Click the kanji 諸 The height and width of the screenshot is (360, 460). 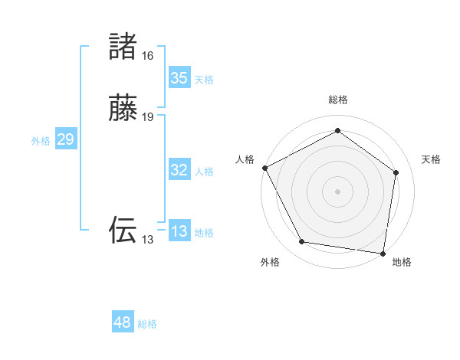click(x=123, y=47)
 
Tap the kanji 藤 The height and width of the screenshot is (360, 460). click(x=123, y=109)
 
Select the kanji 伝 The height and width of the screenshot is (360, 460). click(x=123, y=230)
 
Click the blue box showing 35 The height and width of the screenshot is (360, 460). click(x=179, y=77)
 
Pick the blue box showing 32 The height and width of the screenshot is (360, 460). click(x=179, y=170)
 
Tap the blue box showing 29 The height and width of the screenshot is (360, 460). click(x=65, y=139)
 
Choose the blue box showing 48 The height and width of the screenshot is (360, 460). click(x=123, y=322)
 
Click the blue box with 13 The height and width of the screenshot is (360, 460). click(x=179, y=231)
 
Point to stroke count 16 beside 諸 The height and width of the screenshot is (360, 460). click(x=148, y=56)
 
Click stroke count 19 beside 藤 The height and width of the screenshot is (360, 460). click(x=148, y=117)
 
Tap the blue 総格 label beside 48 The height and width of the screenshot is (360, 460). click(x=147, y=324)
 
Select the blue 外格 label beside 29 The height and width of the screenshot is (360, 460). click(x=41, y=141)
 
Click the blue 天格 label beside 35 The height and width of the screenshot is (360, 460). click(x=204, y=80)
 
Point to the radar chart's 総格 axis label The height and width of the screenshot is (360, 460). click(x=337, y=100)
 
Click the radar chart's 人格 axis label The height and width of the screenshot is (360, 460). click(x=245, y=159)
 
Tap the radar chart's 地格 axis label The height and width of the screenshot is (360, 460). click(x=402, y=262)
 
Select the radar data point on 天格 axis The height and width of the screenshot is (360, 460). click(x=396, y=172)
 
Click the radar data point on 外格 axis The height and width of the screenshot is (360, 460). click(x=302, y=242)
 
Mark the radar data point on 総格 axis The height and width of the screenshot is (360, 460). click(x=337, y=131)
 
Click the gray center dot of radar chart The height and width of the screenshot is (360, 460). click(x=337, y=191)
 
